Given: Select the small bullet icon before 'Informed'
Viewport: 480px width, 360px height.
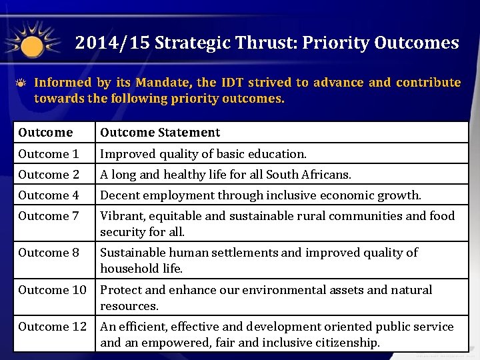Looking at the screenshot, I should pos(22,83).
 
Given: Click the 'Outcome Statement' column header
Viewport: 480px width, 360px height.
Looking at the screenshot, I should pos(160,133).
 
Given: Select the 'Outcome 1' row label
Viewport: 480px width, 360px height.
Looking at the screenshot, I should pos(49,154).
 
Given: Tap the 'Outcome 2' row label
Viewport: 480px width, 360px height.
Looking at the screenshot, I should pos(49,175).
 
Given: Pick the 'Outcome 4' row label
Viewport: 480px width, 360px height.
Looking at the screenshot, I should pos(49,195).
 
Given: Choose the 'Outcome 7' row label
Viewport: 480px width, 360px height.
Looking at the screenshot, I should pos(49,216).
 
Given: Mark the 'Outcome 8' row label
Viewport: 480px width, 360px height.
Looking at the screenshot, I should pos(49,253).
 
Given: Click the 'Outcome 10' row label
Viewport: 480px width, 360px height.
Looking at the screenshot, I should pos(52,290).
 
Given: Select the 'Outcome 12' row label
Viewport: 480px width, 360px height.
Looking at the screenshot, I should pos(52,327).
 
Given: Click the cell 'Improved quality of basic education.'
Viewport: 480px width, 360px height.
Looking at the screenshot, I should pos(203,154).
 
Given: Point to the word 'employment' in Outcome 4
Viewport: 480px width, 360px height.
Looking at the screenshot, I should pos(173,195).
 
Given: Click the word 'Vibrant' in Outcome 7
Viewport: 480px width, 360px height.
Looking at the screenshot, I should pos(120,216).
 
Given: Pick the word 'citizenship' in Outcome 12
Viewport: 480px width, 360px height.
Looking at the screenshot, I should pos(348,343).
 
